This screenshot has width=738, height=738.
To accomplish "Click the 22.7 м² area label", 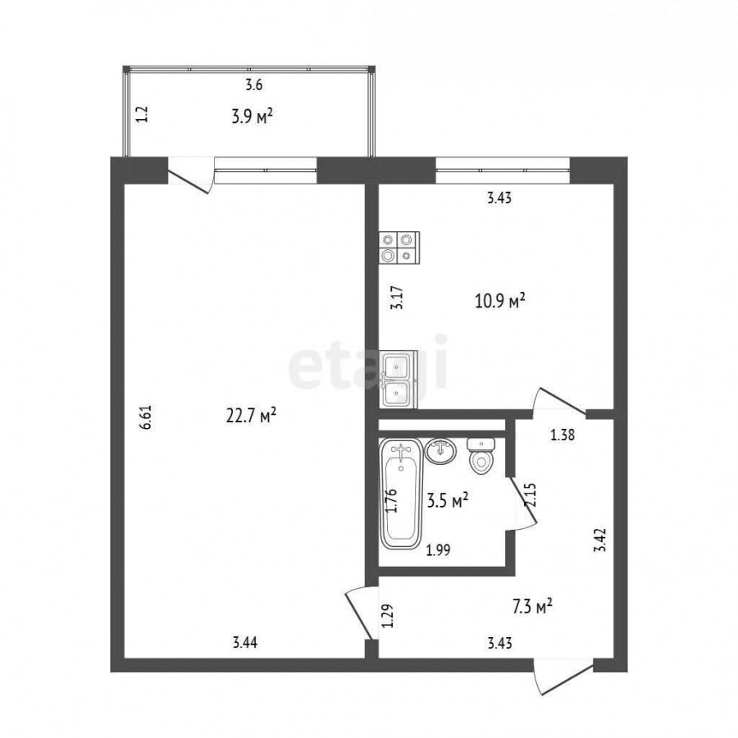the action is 251,416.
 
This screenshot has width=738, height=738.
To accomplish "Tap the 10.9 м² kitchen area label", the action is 500,300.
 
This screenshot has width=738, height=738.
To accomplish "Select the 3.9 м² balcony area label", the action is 253,116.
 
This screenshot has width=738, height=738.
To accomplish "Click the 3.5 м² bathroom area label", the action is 447,501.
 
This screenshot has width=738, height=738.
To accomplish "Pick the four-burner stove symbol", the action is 399,248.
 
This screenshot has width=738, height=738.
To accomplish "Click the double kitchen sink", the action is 399,380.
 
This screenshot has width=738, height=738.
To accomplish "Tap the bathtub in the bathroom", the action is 401,494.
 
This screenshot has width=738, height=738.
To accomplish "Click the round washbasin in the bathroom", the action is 441,451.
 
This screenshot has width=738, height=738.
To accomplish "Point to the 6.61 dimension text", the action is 147,417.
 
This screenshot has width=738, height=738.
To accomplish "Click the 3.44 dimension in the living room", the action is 245,642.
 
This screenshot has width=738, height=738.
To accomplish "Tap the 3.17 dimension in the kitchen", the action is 398,298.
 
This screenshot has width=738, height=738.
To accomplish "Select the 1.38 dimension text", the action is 563,435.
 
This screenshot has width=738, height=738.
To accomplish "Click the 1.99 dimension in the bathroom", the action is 439,549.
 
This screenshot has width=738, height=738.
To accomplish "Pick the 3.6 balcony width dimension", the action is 253,85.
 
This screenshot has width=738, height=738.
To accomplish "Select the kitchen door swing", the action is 559,402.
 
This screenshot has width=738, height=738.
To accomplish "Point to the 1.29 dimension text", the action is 387,616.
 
